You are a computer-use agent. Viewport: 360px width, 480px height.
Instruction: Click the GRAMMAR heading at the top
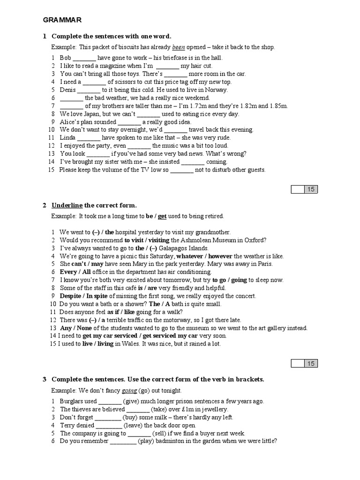click(x=62, y=20)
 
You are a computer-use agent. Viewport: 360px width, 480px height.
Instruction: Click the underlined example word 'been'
click(x=179, y=47)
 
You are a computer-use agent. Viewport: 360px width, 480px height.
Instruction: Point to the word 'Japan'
click(x=90, y=114)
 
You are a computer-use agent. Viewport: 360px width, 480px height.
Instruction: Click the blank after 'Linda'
click(x=89, y=138)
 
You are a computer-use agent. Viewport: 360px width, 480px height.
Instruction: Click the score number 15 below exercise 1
click(x=311, y=189)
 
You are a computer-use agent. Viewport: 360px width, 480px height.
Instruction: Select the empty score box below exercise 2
click(x=298, y=363)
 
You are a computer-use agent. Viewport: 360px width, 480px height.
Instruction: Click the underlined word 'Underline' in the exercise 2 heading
click(x=67, y=205)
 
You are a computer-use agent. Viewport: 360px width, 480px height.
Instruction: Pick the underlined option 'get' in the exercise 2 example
click(x=162, y=216)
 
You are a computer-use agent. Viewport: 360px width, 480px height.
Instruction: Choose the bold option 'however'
click(x=220, y=256)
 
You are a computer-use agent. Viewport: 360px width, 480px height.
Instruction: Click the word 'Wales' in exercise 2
click(x=122, y=344)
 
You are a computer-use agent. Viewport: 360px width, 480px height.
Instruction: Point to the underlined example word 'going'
click(x=128, y=390)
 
